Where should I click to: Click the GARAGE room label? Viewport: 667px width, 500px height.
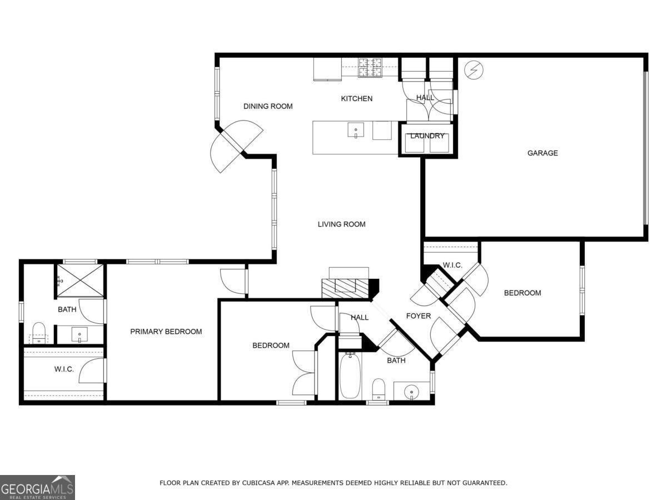coord(542,153)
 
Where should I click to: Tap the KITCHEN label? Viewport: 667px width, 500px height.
coord(356,99)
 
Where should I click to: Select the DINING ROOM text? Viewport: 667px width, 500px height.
coord(268,107)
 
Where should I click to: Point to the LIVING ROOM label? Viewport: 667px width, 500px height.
coord(341,224)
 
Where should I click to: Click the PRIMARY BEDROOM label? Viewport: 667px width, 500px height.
coord(166,332)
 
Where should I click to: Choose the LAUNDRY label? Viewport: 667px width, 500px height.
coord(427,136)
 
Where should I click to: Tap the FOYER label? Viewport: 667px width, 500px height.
coord(418,316)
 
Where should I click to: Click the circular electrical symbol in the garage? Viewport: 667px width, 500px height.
coord(474,69)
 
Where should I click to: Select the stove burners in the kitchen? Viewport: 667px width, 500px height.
coord(370,68)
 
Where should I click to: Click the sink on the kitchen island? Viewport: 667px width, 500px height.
coord(356,131)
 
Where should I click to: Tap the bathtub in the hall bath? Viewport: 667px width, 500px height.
coord(350,376)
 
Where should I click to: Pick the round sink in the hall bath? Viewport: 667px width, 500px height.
coord(411,391)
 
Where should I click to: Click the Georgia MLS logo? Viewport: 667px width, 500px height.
coord(37,487)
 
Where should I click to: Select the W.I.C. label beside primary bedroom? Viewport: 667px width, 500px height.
coord(64,369)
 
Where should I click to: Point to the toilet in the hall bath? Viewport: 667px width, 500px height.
coord(379,388)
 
